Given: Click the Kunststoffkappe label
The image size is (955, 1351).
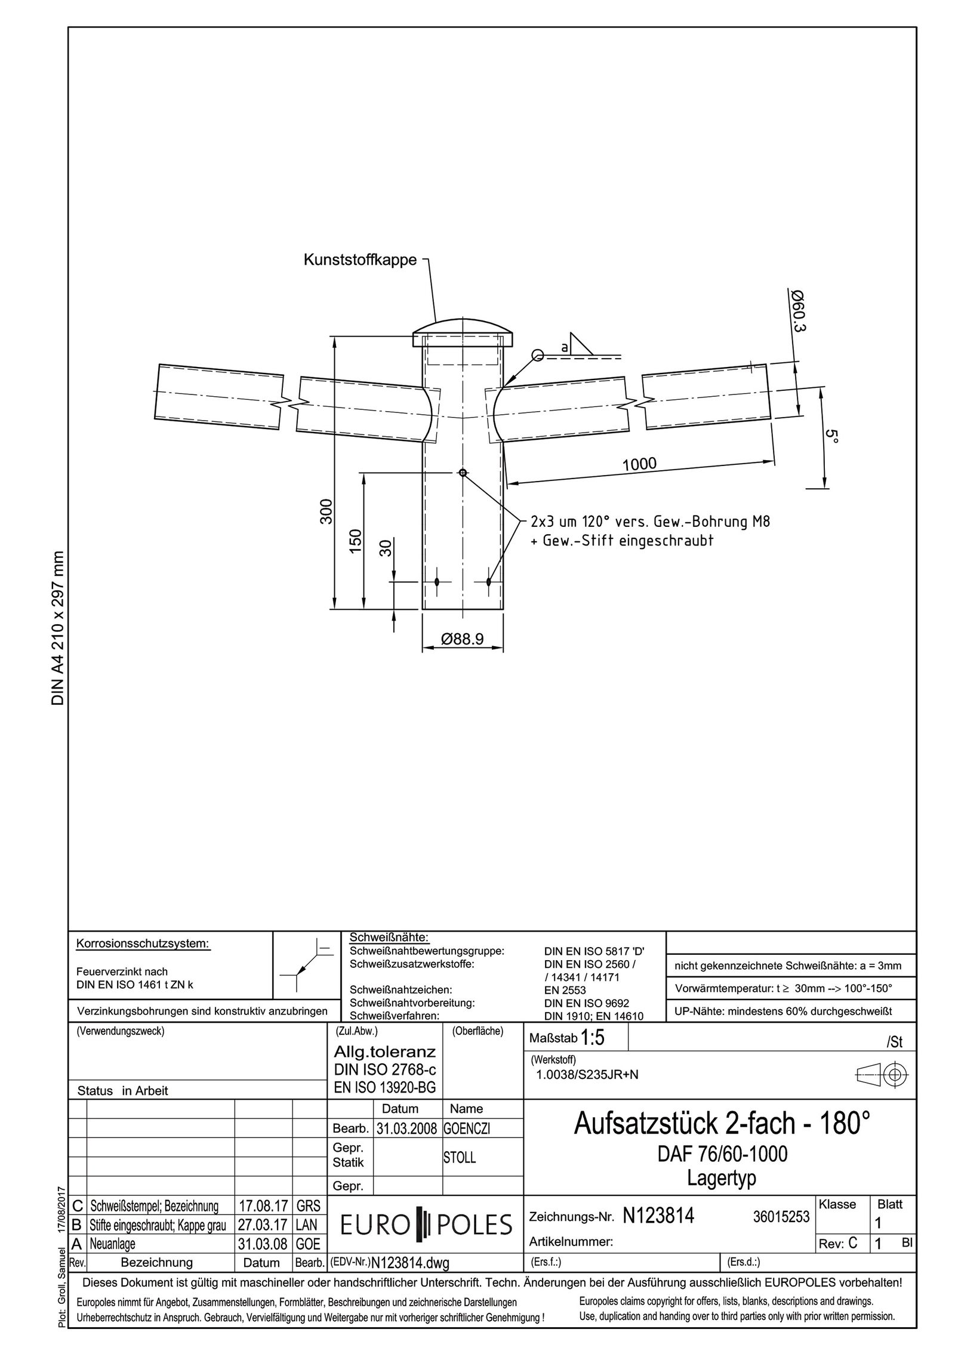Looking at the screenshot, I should [360, 260].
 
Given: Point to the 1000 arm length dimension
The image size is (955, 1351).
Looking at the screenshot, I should [639, 464].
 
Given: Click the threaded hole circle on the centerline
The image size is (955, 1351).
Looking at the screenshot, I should [462, 473].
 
